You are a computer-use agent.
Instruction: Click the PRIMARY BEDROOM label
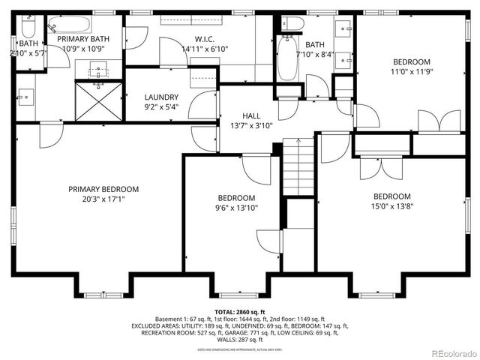[103, 189]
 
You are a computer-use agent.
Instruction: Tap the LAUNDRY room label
[161, 97]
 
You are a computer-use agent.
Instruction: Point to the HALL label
[240, 116]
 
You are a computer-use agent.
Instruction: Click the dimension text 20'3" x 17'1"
[103, 200]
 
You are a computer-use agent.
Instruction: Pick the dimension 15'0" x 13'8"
[393, 207]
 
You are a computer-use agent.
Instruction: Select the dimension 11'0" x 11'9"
[412, 72]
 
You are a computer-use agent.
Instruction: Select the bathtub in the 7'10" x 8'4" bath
[288, 58]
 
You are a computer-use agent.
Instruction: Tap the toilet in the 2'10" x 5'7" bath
[28, 28]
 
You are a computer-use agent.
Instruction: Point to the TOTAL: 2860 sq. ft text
[240, 311]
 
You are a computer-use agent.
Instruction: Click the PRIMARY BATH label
[84, 39]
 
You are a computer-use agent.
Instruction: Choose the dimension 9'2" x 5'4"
[161, 107]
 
